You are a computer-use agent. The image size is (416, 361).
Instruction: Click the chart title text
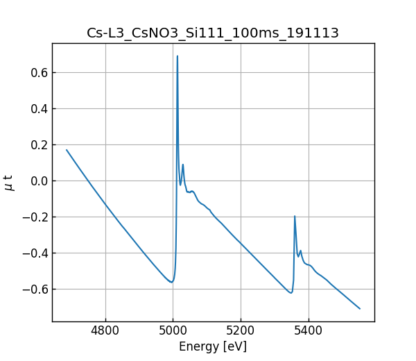(213, 33)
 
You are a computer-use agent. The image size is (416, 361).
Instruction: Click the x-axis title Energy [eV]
(213, 346)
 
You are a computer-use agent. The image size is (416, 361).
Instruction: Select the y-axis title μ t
(9, 182)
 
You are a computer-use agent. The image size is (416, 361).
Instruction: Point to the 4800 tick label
(105, 332)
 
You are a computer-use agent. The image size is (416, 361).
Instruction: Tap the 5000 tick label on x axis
(173, 332)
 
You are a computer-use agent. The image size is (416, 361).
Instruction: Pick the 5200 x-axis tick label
(241, 332)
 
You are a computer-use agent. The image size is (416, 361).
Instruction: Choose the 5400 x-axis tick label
(309, 332)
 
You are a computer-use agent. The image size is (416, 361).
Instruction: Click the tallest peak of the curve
(177, 56)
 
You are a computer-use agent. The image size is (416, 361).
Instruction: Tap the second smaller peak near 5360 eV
(295, 216)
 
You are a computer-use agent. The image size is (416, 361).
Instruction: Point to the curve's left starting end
(67, 150)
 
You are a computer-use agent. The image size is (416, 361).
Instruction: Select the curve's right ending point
(360, 308)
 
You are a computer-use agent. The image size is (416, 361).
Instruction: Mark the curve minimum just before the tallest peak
(171, 282)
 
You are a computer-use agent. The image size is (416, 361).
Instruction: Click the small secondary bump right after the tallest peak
(183, 165)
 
